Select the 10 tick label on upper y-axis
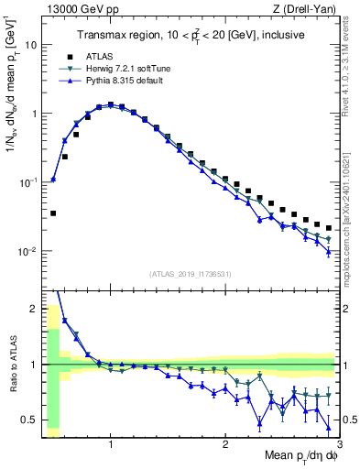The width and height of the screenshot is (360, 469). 31,45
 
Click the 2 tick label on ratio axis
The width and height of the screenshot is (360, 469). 34,307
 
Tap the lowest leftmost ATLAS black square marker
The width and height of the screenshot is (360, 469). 53,213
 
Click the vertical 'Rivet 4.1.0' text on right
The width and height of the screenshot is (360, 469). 353,64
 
